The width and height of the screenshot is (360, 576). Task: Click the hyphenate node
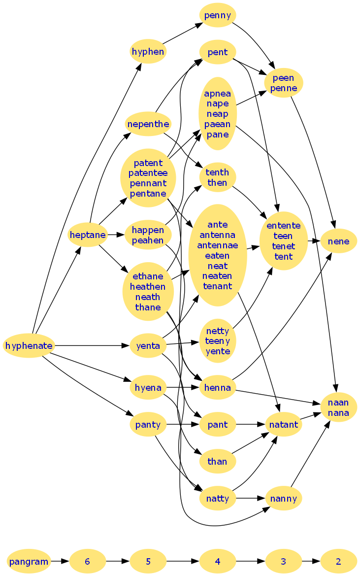click(x=29, y=346)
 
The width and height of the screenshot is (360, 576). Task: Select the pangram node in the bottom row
click(x=29, y=561)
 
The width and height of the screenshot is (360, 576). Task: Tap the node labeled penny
click(x=218, y=15)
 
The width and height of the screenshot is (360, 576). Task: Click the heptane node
click(x=88, y=235)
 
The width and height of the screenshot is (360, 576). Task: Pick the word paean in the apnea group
click(x=218, y=124)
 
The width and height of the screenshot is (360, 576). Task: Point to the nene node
click(x=339, y=241)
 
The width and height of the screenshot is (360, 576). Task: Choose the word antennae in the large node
click(x=218, y=245)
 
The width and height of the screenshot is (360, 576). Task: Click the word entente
click(x=283, y=226)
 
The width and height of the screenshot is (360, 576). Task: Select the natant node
click(x=283, y=424)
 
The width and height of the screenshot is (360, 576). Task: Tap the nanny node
click(x=283, y=498)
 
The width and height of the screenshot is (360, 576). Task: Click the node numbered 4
click(x=218, y=561)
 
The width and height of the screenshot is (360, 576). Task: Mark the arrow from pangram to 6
click(x=60, y=561)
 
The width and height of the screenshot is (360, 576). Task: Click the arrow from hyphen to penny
click(x=182, y=34)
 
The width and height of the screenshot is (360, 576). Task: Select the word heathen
click(x=148, y=286)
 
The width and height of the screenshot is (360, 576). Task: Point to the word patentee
click(x=148, y=173)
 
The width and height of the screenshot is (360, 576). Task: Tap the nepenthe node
click(x=148, y=124)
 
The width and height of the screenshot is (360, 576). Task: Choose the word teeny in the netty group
click(x=218, y=341)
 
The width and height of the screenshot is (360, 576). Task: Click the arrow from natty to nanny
click(x=251, y=498)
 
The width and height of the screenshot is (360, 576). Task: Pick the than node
click(x=218, y=461)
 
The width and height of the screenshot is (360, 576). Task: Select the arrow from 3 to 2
click(x=311, y=561)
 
